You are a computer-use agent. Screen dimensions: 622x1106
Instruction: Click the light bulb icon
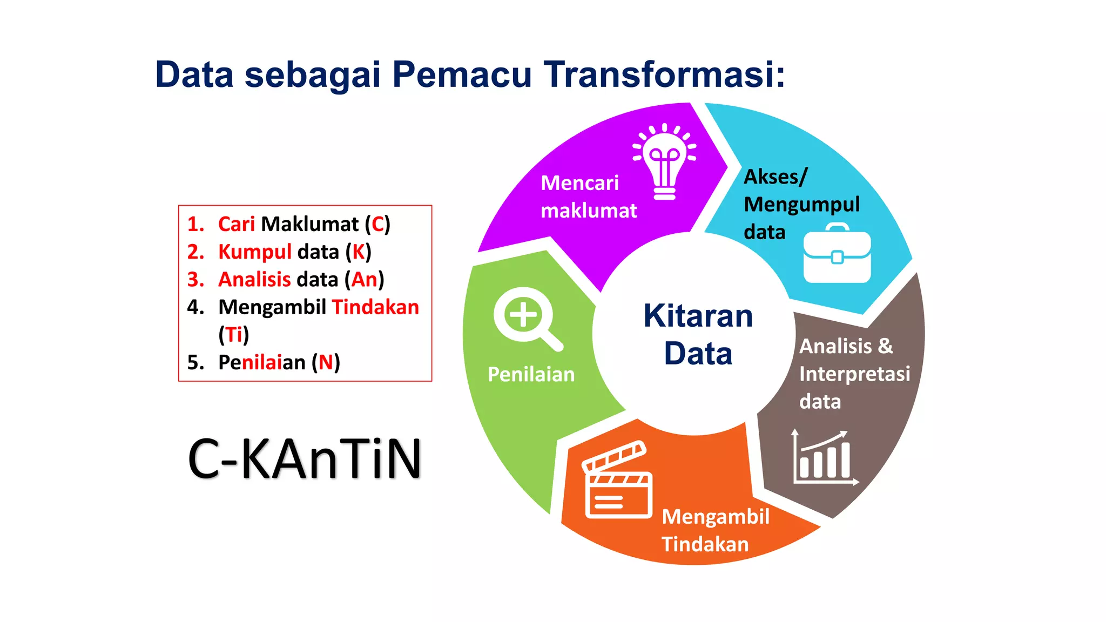[664, 162]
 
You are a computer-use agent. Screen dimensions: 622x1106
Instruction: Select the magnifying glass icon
[527, 319]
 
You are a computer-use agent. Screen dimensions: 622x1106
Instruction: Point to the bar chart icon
[824, 459]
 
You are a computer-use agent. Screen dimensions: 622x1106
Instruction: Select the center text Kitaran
[698, 316]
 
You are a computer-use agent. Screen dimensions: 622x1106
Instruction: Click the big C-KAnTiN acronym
[305, 459]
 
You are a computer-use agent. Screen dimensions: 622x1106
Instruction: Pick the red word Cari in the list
[236, 224]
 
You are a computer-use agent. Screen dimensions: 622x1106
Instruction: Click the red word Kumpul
[254, 252]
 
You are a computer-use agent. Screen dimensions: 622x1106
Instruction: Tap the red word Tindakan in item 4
[375, 307]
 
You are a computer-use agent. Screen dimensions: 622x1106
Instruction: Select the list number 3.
[195, 280]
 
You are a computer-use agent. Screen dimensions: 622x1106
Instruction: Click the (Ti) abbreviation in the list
[233, 335]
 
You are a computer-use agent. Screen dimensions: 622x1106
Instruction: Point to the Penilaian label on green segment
[531, 375]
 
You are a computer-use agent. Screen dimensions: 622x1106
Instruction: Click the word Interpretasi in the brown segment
[854, 374]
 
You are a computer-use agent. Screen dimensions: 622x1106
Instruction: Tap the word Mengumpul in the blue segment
[801, 205]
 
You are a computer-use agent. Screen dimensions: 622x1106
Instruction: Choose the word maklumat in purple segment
[589, 211]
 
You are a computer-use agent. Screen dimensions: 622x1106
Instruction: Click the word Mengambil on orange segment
[715, 517]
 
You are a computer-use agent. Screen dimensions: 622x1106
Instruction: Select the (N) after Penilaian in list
[326, 362]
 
